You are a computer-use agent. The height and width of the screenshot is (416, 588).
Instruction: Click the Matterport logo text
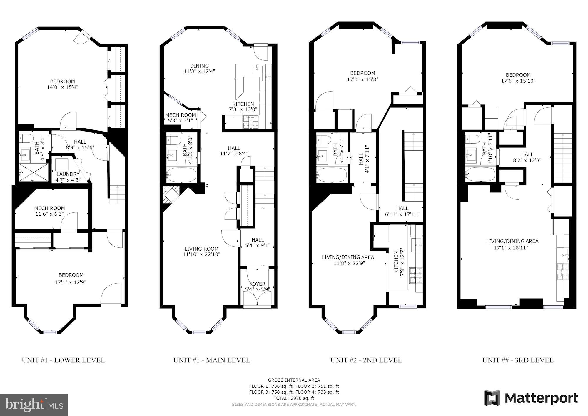[531, 398]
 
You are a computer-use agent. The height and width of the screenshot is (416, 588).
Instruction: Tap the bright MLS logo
[34, 405]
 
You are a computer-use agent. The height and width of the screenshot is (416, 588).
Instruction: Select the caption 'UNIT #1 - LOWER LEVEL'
[63, 360]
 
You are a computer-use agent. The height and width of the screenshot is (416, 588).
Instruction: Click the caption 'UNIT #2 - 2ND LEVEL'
[366, 360]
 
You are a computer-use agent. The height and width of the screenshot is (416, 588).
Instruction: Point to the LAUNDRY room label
[68, 174]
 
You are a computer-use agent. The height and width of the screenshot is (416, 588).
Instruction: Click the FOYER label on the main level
[257, 284]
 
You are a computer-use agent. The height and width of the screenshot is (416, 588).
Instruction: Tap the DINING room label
[199, 66]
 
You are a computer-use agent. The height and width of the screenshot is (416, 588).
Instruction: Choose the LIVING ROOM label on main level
[201, 249]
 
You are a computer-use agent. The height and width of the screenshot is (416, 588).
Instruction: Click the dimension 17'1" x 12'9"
[71, 282]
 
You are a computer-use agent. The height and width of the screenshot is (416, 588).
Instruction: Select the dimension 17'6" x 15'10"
[518, 81]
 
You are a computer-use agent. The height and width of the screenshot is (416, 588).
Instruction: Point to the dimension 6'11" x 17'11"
[402, 214]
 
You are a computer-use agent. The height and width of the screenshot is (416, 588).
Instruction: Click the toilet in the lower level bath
[25, 139]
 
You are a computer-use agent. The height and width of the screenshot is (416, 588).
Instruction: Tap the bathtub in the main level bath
[181, 175]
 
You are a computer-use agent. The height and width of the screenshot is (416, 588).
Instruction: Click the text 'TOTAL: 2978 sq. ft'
[294, 398]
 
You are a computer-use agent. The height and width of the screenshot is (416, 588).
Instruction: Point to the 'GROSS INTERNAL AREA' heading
[294, 380]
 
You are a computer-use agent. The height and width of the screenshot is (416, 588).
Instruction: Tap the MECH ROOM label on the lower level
[49, 208]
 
